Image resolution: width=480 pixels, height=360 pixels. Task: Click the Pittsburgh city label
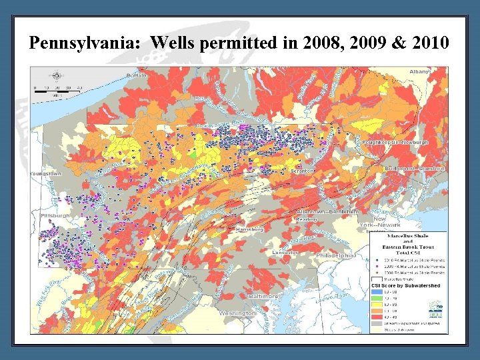[x=55, y=216]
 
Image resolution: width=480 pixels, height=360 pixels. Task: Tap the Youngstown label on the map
[x=45, y=173]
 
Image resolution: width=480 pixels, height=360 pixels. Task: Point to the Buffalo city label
[x=136, y=75]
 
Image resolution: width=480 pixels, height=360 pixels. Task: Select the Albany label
[x=419, y=71]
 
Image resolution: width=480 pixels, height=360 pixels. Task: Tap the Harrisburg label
[x=249, y=229]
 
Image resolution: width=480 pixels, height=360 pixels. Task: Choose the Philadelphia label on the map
[x=336, y=255]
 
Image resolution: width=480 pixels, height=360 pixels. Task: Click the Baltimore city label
[x=262, y=295]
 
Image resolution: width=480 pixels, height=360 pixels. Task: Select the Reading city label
[x=306, y=217]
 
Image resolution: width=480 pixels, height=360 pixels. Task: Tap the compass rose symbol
[x=57, y=75]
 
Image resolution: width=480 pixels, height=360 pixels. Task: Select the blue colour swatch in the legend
[x=375, y=292]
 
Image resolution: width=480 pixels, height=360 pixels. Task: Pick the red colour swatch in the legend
[x=375, y=317]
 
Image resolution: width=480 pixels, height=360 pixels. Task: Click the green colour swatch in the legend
[x=375, y=298]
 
